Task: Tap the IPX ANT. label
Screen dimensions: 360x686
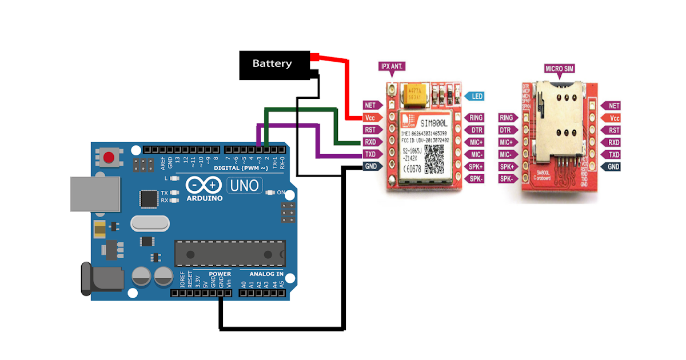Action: coord(392,67)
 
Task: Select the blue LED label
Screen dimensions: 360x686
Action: coord(476,96)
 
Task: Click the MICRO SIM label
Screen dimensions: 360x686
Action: coord(559,69)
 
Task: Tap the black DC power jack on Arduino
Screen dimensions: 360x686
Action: coord(100,279)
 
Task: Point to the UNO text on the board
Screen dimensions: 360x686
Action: coord(245,185)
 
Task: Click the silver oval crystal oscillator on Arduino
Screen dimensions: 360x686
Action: coord(150,223)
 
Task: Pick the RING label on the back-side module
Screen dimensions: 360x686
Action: coord(506,118)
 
